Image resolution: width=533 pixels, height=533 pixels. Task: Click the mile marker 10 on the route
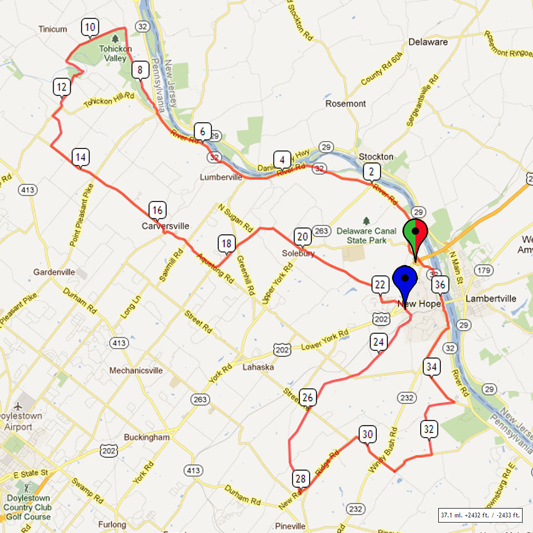90,27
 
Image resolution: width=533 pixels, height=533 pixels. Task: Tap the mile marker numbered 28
300,478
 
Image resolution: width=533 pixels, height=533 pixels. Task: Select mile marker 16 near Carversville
157,210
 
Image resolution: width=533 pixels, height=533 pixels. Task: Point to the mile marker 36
440,284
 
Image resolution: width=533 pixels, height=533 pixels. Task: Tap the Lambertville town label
491,299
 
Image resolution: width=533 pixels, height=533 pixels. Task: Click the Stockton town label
376,157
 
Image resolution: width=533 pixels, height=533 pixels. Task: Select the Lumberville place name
221,177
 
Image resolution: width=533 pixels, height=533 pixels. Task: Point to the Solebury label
298,253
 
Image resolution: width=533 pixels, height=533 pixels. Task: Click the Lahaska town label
258,367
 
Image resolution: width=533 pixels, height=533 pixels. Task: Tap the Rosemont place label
346,104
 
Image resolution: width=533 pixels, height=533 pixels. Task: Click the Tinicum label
53,29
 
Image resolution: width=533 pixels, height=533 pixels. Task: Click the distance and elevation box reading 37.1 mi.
480,515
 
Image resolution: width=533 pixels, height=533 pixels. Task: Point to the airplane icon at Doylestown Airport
19,405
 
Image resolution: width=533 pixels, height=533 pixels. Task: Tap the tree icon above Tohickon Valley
116,38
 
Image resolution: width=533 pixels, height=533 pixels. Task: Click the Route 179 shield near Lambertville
485,270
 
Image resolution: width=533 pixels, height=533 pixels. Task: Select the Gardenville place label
54,272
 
